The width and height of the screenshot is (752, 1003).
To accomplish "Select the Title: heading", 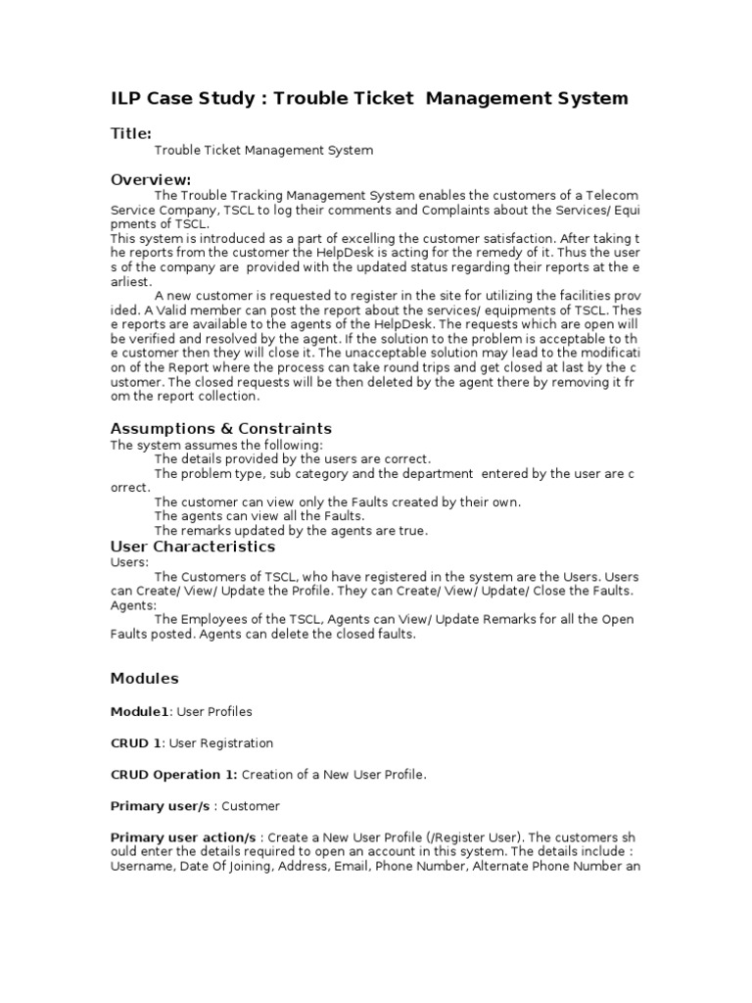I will tap(131, 133).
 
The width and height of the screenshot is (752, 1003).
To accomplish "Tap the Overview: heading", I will tap(151, 179).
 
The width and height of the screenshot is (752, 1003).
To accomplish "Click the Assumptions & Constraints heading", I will tap(221, 428).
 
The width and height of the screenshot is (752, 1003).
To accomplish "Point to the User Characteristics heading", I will tap(193, 547).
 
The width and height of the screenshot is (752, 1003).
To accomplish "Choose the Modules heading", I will tap(145, 678).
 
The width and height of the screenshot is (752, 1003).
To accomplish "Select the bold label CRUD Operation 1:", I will tap(174, 775).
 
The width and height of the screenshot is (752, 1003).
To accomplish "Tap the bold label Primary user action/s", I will tap(183, 838).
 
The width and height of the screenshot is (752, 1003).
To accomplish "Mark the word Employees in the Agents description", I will tap(212, 619).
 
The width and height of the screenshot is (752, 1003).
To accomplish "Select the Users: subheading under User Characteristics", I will tap(129, 562).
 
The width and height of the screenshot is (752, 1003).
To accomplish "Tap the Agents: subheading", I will tap(132, 605).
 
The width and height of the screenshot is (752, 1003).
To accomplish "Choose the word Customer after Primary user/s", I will tap(252, 806).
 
